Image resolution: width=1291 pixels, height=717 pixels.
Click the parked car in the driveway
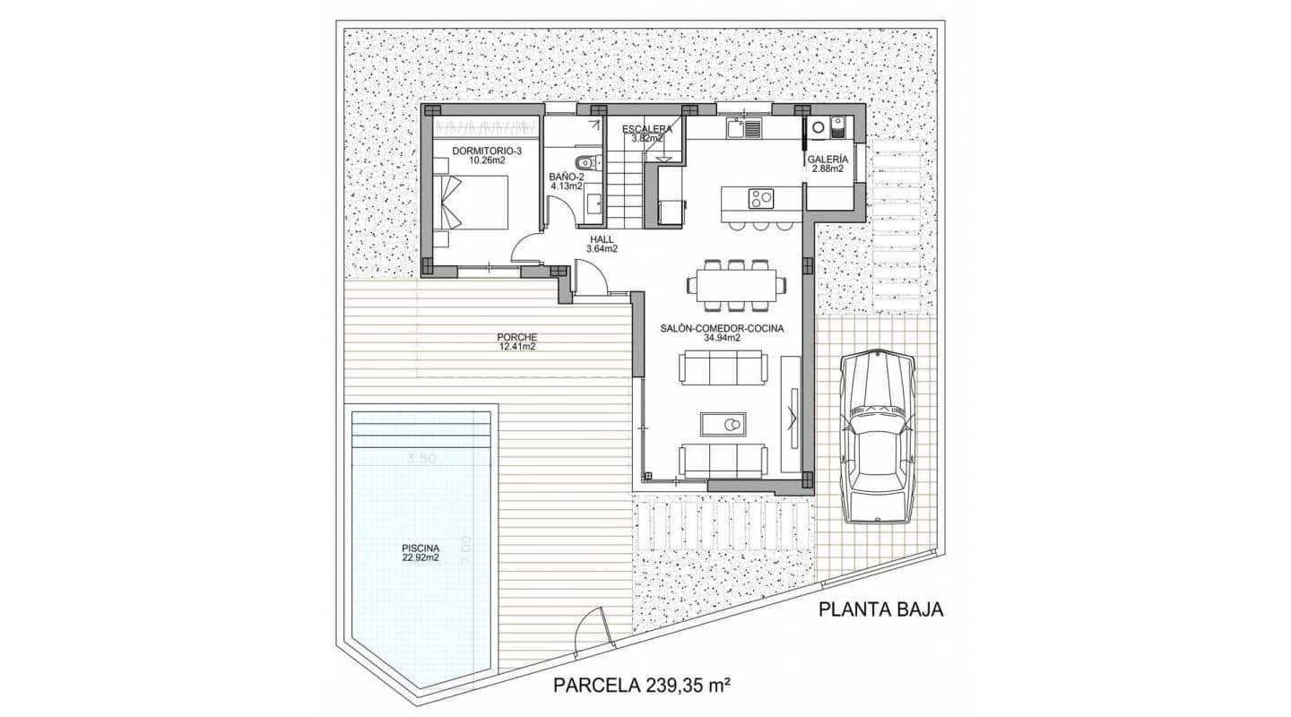(877, 436)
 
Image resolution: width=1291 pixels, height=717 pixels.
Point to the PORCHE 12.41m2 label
(516, 341)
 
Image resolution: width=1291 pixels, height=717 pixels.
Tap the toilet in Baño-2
(586, 163)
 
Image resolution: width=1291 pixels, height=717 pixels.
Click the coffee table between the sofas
(723, 424)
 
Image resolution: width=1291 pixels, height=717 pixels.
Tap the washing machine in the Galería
(818, 129)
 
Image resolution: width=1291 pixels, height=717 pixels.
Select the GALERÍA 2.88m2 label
(827, 163)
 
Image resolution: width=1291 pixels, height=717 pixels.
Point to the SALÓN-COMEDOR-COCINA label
(723, 333)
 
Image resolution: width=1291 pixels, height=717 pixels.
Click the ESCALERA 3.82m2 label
(646, 134)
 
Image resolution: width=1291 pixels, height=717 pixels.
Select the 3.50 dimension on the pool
(420, 459)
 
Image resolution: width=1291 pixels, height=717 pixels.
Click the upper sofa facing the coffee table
(723, 367)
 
